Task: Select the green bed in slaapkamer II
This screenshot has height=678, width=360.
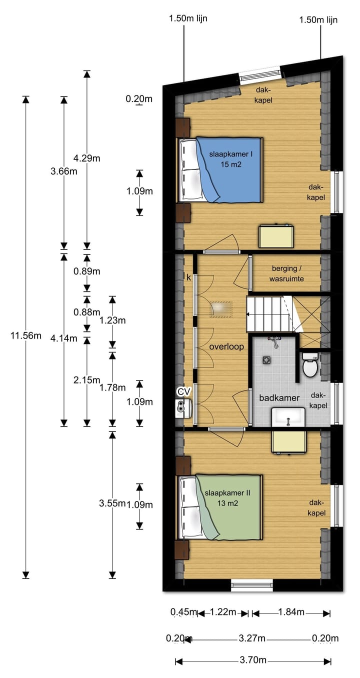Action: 220,507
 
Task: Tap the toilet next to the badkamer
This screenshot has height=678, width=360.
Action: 310,364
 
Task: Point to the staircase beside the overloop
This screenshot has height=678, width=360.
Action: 269,314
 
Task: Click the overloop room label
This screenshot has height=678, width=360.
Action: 226,346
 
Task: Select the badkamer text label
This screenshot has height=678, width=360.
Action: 279,397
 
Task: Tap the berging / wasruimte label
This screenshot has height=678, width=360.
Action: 286,273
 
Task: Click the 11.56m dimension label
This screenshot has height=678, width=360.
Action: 26,335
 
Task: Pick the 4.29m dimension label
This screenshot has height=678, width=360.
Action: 87,158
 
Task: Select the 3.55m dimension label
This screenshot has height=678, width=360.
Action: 112,503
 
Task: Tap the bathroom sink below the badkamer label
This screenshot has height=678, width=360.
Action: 288,417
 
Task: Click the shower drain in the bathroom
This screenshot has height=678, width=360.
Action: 266,360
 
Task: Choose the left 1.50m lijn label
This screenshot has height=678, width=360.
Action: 188,18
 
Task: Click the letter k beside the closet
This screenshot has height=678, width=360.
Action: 188,277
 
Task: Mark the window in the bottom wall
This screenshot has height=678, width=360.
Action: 252,585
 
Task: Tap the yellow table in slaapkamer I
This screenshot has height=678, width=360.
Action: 276,236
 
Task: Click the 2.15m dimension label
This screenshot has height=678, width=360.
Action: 87,380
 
